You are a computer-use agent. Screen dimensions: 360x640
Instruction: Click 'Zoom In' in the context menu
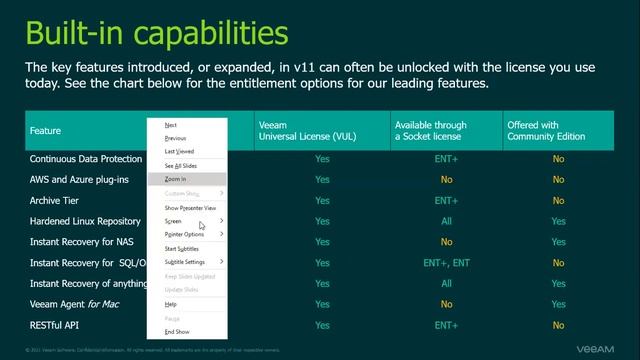coord(176,179)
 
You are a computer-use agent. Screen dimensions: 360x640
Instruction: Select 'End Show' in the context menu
coord(177,331)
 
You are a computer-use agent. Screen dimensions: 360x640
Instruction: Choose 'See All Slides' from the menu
coord(181,165)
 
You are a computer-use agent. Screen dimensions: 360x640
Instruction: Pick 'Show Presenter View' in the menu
coord(190,207)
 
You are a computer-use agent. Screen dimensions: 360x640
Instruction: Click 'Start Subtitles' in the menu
coord(182,248)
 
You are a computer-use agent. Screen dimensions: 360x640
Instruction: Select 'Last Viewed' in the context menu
coord(180,151)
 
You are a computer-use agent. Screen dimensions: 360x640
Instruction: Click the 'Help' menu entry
coord(171,304)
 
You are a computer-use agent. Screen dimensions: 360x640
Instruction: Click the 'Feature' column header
coord(46,131)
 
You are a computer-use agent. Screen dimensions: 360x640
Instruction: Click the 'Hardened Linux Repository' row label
coord(85,221)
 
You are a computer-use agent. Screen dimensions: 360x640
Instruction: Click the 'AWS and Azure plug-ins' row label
coord(80,179)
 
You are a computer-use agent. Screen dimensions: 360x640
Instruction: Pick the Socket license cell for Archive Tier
coord(446,200)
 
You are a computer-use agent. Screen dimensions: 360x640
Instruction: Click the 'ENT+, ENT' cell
coord(446,263)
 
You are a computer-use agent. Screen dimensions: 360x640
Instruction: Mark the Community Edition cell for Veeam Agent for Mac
coord(558,304)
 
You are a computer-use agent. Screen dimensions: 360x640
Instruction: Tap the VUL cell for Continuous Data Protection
coord(322,158)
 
